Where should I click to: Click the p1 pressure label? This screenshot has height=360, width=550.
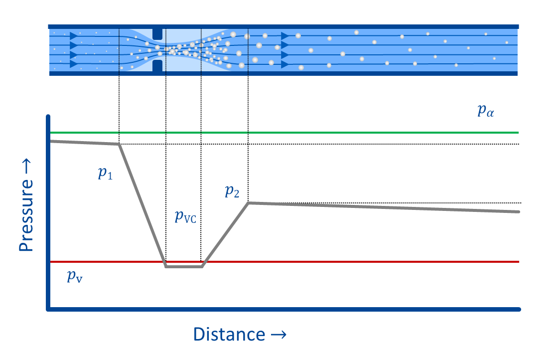point(105,174)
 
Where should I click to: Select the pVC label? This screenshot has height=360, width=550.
point(185,217)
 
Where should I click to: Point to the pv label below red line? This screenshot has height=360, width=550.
point(75,277)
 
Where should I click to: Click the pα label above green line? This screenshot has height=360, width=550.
point(486,111)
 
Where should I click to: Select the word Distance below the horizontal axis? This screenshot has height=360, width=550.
point(229,334)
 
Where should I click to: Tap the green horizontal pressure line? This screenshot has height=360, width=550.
point(349,133)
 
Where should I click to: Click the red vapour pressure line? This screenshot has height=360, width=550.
point(349,262)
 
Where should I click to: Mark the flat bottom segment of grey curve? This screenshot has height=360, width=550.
point(184,267)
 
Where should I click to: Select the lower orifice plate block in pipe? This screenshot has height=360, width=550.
point(157,66)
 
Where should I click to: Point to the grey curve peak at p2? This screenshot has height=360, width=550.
point(249,202)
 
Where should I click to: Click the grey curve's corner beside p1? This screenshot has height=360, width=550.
point(119,144)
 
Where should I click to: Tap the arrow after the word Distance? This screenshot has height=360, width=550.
point(278,334)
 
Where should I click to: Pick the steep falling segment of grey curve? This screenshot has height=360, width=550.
point(142,204)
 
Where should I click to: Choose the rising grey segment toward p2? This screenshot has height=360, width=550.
point(225,234)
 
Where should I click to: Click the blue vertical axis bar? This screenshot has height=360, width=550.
point(48,209)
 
